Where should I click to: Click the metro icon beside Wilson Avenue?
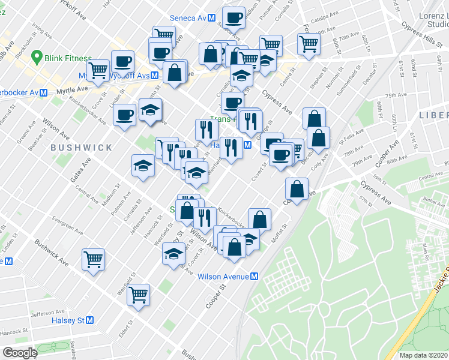click(255, 277)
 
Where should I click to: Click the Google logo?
click(20, 353)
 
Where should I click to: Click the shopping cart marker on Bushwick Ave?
click(94, 260)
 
